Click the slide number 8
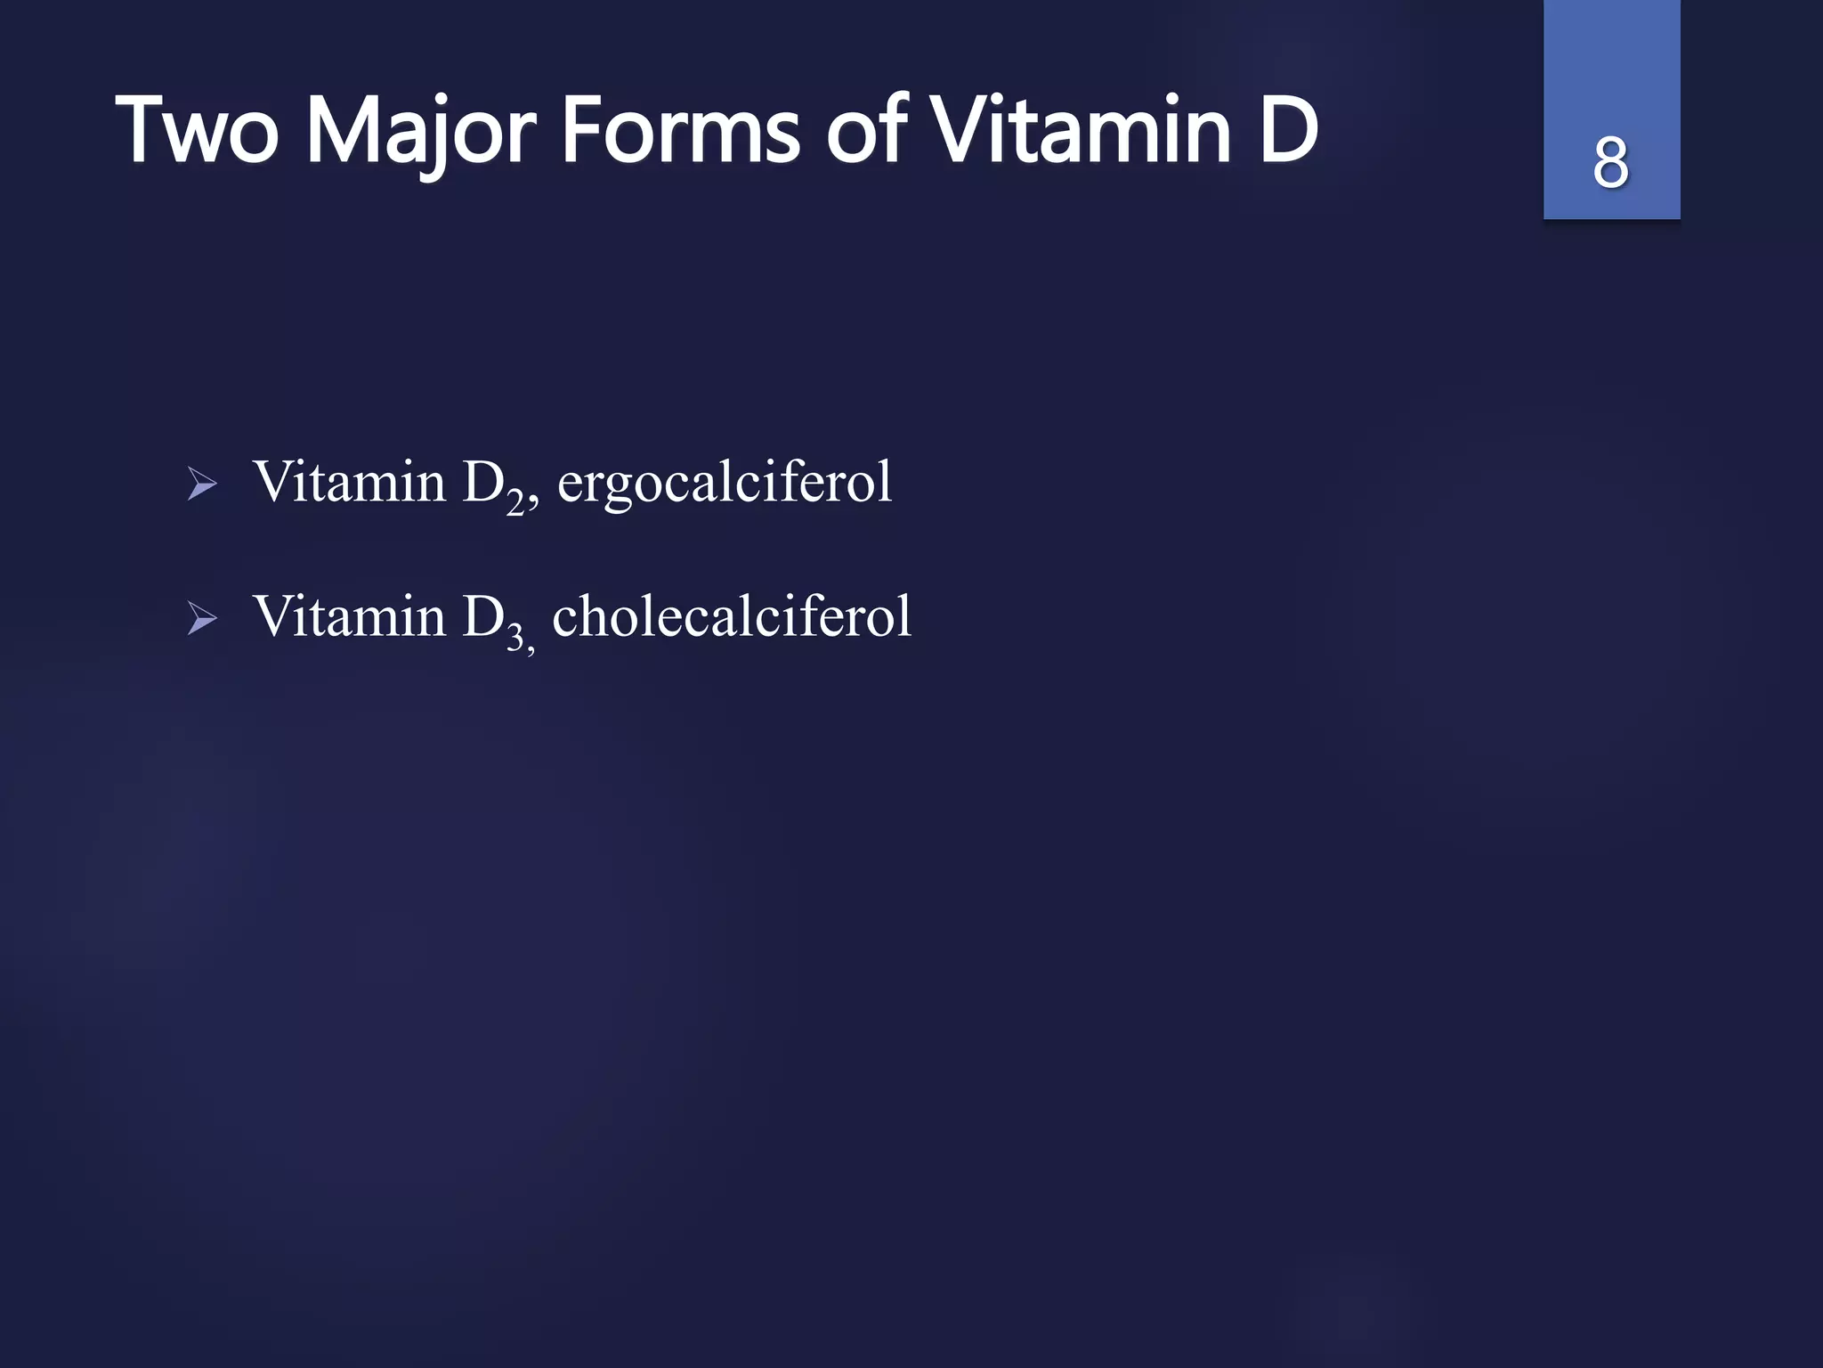pos(1610,163)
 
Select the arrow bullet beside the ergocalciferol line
pos(202,485)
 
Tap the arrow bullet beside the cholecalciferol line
pos(202,618)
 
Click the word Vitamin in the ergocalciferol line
pos(349,482)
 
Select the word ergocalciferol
pos(724,484)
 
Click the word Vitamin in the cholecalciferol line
pos(349,615)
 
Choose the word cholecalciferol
pos(732,615)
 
